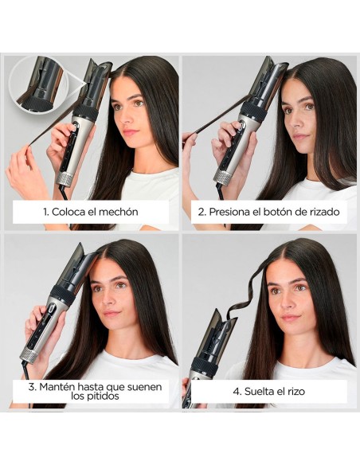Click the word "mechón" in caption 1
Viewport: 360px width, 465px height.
117,213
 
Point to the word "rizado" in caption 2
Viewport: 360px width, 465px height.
321,213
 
